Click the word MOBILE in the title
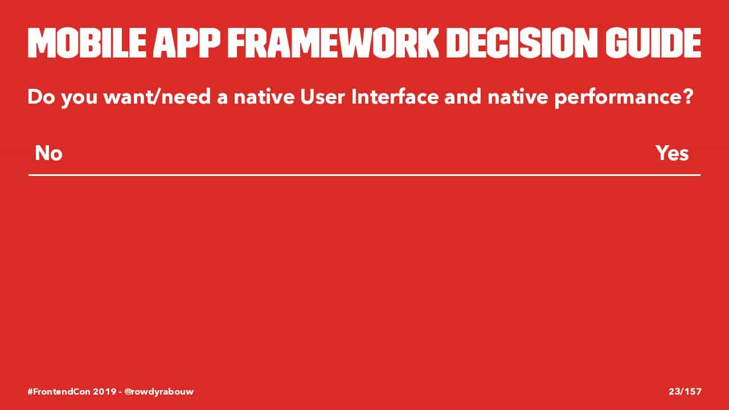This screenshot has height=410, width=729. coord(87,43)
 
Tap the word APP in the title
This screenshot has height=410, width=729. coord(186,43)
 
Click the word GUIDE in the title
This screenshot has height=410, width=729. coord(653,43)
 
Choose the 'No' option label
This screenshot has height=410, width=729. coord(48,153)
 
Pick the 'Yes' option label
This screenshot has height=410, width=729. coord(672,153)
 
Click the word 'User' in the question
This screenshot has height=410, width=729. coord(322,97)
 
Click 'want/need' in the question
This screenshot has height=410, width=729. coord(157,97)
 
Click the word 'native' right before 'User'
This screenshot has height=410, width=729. coord(264,97)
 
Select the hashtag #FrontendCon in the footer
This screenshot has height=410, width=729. coord(59,391)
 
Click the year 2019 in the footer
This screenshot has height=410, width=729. coord(105,391)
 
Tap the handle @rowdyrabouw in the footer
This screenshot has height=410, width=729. coord(159,392)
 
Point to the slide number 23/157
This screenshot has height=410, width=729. coord(685,391)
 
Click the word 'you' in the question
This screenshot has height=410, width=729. coord(79,99)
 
